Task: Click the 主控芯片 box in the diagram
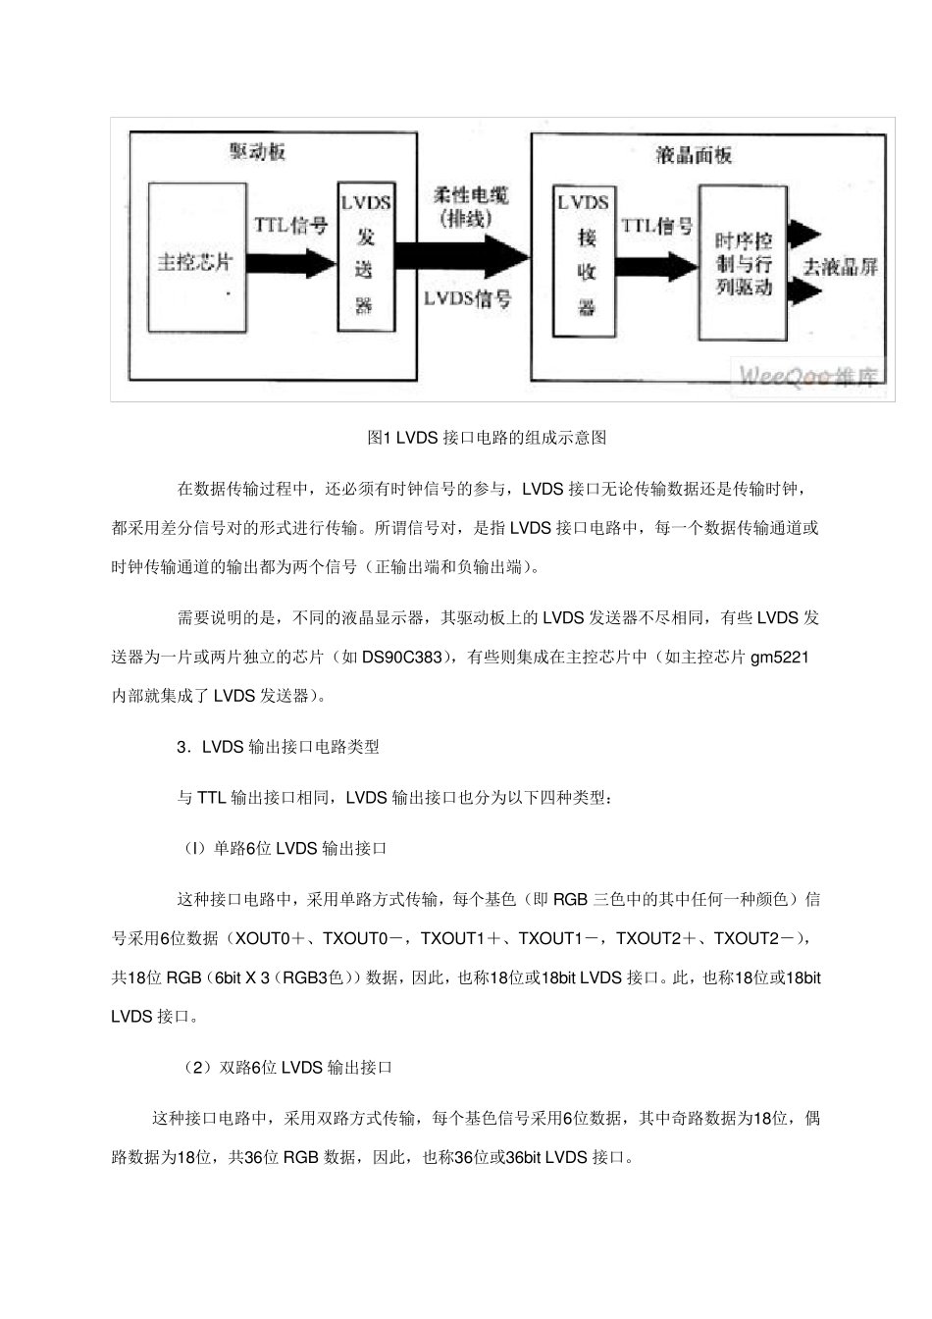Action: pyautogui.click(x=196, y=257)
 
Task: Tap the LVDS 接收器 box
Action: pyautogui.click(x=585, y=256)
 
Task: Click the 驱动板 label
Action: pyautogui.click(x=258, y=153)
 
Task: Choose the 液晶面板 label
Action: pyautogui.click(x=694, y=155)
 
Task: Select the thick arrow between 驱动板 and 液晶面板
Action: pyautogui.click(x=462, y=257)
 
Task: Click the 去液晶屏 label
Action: pyautogui.click(x=841, y=266)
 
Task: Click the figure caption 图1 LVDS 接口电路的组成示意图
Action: pyautogui.click(x=487, y=438)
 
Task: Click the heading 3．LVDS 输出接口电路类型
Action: pyautogui.click(x=278, y=746)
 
